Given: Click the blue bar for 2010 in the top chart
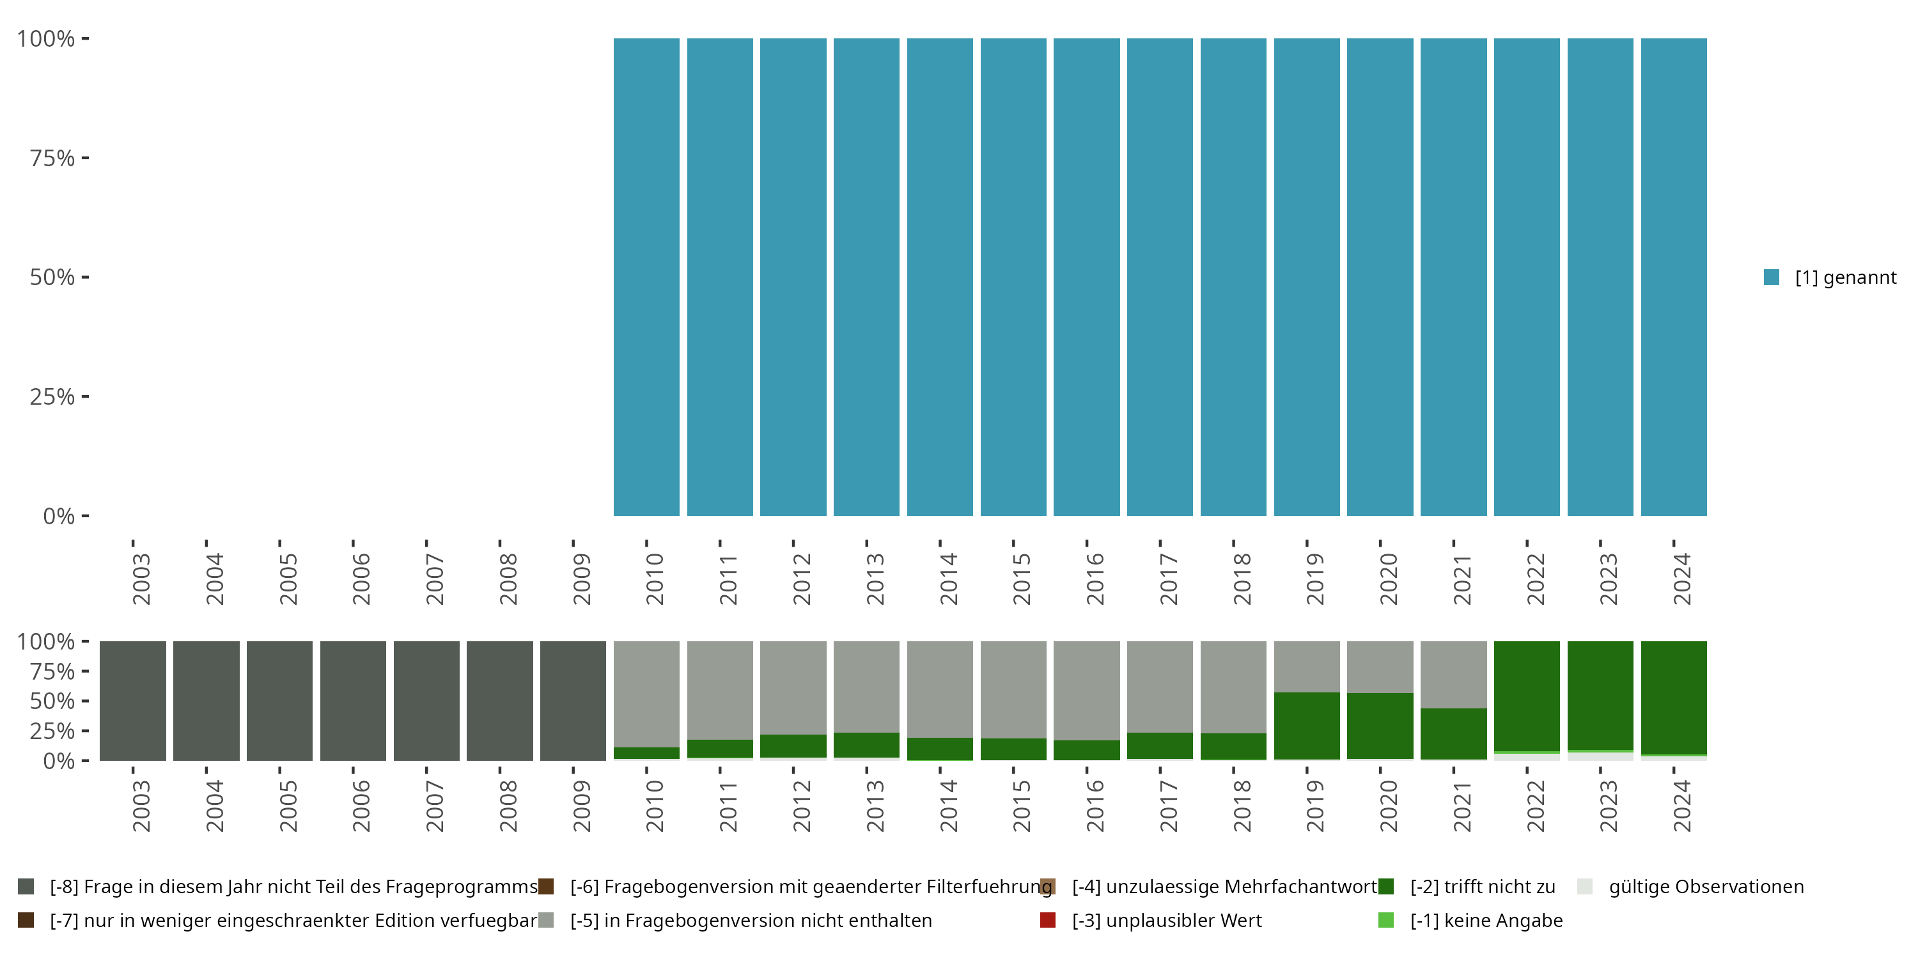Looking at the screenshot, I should coord(646,276).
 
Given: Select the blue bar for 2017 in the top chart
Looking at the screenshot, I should coord(1159,276).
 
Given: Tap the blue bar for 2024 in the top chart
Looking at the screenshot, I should coord(1673,276).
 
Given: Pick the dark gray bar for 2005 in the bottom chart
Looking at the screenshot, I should coord(279,701).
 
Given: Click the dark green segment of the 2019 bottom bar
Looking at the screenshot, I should coord(1307,726).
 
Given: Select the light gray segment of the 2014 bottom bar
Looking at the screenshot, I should coord(940,689).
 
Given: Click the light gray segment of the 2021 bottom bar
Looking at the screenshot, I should coord(1453,674).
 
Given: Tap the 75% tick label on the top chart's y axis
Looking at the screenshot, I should coord(52,158).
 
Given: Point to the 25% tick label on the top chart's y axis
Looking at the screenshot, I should coord(52,396).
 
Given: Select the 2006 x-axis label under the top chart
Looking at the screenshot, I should coord(361,579).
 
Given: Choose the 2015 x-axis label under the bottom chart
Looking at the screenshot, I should coord(1022,806).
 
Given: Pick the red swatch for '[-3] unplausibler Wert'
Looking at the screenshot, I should coord(1048,920).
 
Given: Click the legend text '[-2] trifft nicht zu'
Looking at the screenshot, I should coord(1483,887).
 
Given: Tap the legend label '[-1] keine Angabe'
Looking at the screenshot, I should coord(1486,920).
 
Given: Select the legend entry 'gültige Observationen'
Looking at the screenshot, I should coord(1706,887).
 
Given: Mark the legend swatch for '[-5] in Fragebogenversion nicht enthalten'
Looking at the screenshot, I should coord(546,920).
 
